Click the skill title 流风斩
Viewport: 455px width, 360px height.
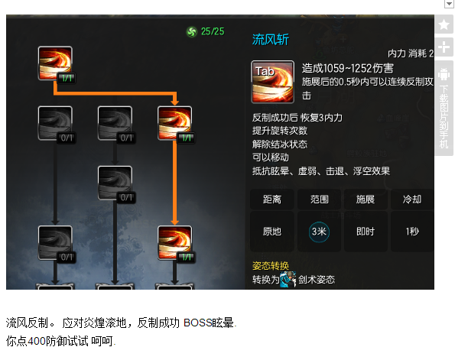[271, 40]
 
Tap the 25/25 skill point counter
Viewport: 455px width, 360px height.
[213, 31]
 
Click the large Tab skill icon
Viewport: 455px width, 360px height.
[272, 82]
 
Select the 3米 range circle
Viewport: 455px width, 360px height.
[319, 232]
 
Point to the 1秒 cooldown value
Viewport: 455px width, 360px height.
[412, 232]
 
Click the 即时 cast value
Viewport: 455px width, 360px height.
[366, 232]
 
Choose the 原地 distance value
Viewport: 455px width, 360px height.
[272, 232]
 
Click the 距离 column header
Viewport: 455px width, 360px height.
[272, 199]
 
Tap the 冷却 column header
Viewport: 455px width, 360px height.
[412, 199]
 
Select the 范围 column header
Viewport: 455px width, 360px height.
[319, 199]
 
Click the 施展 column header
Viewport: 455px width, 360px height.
[366, 199]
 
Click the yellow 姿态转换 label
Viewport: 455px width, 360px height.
[271, 265]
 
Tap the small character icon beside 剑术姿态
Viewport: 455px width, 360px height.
[288, 279]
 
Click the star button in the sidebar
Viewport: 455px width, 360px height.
[444, 24]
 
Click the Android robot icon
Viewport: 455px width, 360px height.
[444, 74]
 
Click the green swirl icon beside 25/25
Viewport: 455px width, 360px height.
[191, 31]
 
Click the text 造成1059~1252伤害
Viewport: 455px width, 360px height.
[348, 69]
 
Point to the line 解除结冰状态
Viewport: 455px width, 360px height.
[280, 144]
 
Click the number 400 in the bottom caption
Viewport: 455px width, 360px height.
[37, 341]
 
